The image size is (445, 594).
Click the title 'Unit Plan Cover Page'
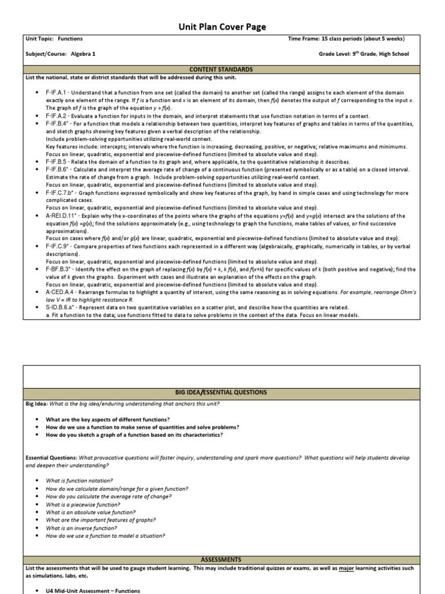[222, 27]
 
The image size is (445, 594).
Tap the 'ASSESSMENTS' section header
[221, 559]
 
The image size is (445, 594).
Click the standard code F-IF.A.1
[56, 93]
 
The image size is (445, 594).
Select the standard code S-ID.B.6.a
[61, 307]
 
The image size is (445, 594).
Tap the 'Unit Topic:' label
[39, 39]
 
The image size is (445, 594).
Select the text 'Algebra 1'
[83, 54]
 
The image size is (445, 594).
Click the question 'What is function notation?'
[79, 480]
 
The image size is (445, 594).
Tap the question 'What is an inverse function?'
[81, 528]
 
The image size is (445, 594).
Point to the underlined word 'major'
[346, 568]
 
